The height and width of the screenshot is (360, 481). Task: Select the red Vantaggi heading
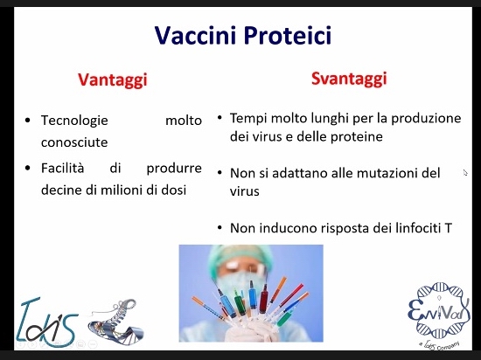coord(113,80)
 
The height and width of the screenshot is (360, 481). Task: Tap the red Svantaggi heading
coord(349,79)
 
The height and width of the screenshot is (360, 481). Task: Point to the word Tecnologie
coord(74,121)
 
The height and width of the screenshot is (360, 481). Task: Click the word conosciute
coord(74,142)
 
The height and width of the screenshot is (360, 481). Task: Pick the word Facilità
coord(63,168)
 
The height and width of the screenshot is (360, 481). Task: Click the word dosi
coord(174,190)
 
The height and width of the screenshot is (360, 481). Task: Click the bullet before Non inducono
coord(220,228)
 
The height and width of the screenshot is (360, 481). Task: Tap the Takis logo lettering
coord(47,322)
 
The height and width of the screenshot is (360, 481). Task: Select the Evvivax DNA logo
coord(439,315)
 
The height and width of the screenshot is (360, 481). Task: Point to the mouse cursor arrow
coord(465,173)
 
